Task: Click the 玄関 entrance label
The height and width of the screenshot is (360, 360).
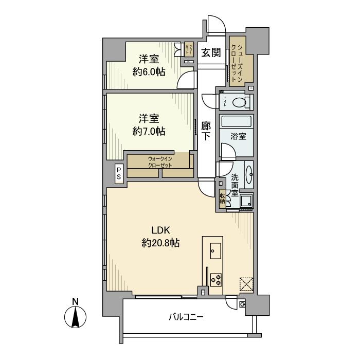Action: click(x=211, y=52)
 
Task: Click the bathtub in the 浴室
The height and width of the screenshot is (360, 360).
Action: click(x=236, y=123)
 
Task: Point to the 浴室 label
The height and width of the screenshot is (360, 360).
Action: click(x=238, y=137)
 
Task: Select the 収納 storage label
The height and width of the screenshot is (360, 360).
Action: click(x=222, y=198)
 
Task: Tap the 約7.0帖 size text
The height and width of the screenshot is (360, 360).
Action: click(x=149, y=131)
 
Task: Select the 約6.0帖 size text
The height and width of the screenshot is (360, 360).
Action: click(x=149, y=72)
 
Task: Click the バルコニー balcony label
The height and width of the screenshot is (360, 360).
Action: click(x=186, y=317)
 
